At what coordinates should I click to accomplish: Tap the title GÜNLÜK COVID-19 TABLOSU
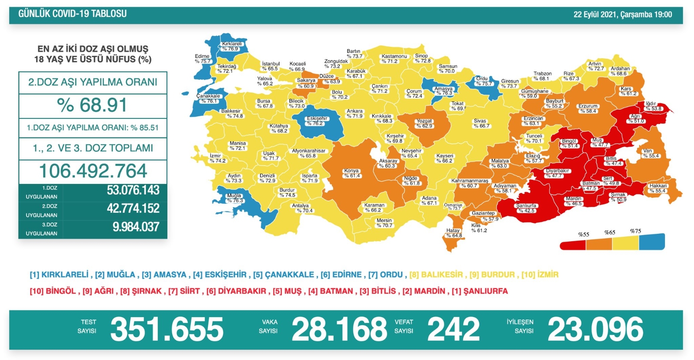pyautogui.click(x=72, y=14)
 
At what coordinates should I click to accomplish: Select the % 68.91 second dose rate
pyautogui.click(x=92, y=105)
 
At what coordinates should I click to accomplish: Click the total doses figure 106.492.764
pyautogui.click(x=93, y=171)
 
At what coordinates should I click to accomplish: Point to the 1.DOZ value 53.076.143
pyautogui.click(x=133, y=190)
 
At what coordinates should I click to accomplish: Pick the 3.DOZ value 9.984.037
pyautogui.click(x=136, y=227)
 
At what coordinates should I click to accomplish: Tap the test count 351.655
pyautogui.click(x=167, y=330)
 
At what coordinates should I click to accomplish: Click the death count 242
pyautogui.click(x=453, y=330)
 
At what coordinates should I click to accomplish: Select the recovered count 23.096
pyautogui.click(x=595, y=330)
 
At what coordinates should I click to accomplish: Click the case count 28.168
pyautogui.click(x=339, y=330)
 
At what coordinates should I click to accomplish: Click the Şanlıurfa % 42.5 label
pyautogui.click(x=526, y=208)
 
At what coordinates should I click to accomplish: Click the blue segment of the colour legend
pyautogui.click(x=651, y=242)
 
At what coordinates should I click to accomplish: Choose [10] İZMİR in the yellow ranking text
pyautogui.click(x=540, y=275)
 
